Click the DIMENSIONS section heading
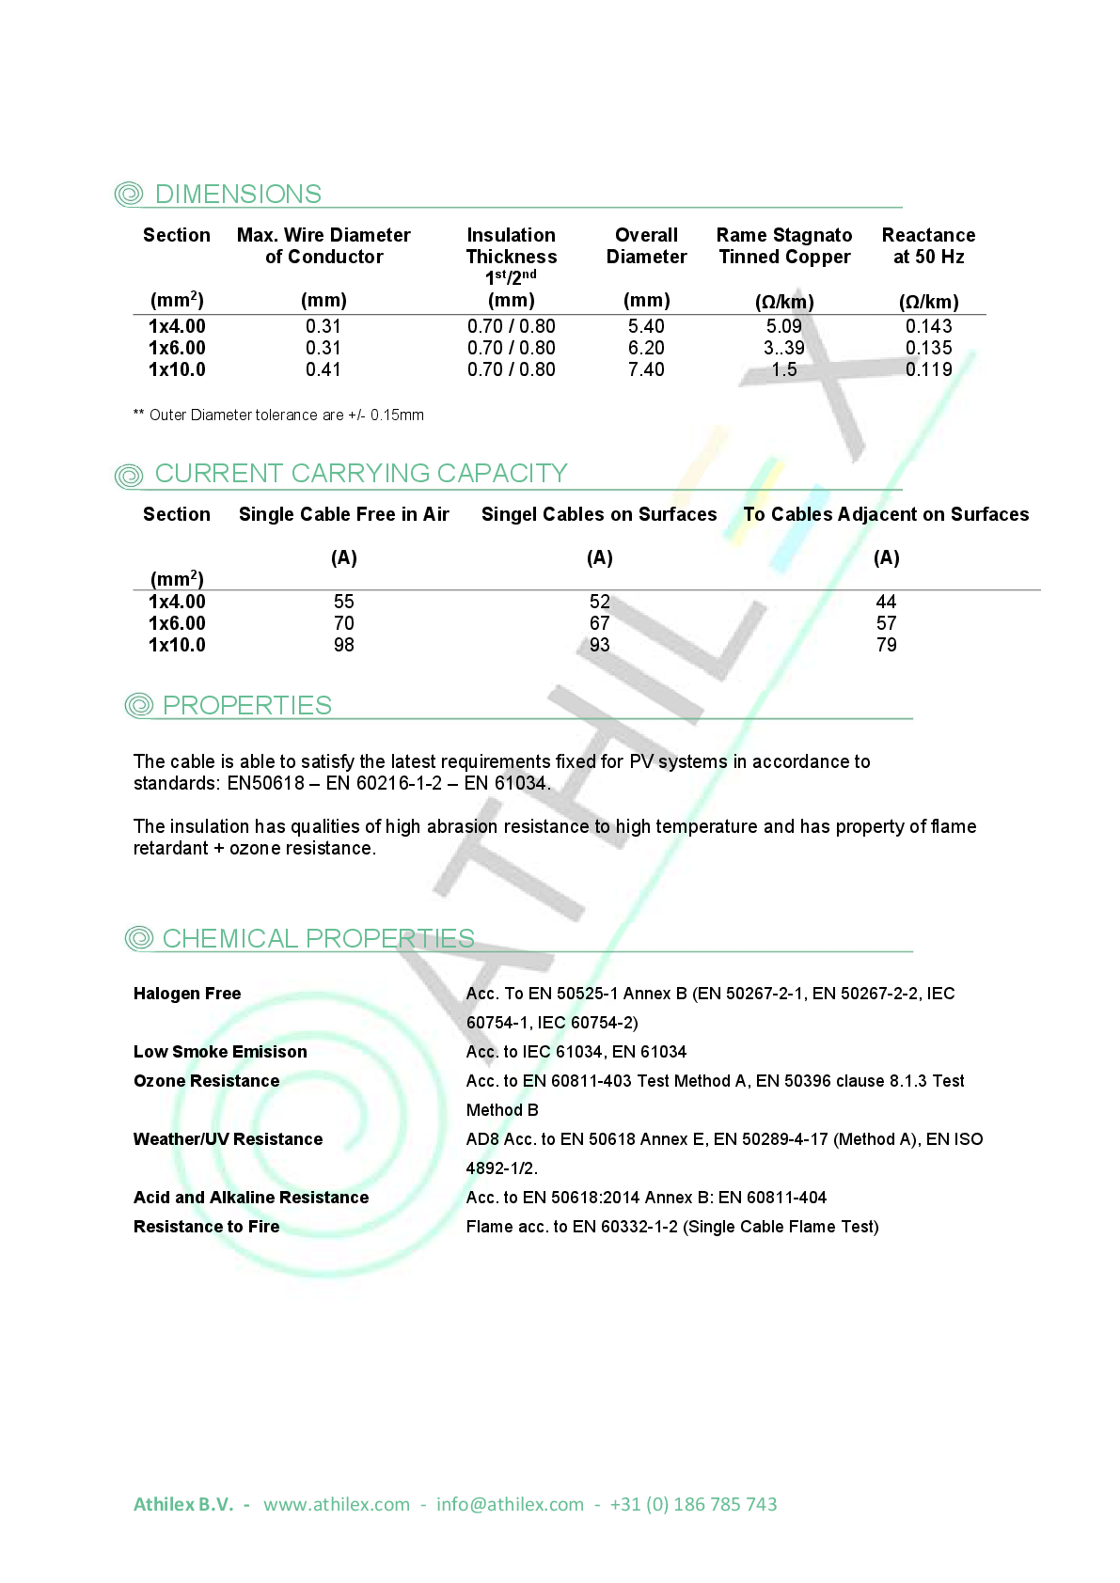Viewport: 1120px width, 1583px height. pos(238,195)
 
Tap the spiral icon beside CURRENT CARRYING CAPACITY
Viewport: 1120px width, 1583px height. pos(129,475)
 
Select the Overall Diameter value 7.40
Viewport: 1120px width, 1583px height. pos(646,369)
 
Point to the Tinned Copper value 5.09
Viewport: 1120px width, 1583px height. pos(783,326)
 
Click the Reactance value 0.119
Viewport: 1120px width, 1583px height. pos(928,369)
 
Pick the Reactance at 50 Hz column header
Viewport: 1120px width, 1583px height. pos(928,246)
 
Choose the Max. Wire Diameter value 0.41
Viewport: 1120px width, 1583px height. pos(323,369)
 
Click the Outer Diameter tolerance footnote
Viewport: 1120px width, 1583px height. pos(279,415)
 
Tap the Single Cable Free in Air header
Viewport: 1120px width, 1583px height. pos(343,514)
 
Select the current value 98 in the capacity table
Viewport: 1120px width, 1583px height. pos(343,645)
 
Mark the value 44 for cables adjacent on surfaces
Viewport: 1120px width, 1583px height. pos(886,602)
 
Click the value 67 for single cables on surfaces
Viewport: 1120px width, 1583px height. pos(599,623)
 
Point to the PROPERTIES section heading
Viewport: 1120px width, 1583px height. pos(246,706)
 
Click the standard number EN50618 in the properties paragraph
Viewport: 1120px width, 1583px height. pos(265,783)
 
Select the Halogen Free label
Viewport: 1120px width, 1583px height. pos(187,994)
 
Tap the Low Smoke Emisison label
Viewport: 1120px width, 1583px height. pos(220,1052)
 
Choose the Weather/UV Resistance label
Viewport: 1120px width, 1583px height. pos(228,1139)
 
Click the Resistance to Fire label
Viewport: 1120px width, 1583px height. pos(206,1227)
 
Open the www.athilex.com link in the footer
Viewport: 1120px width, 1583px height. pos(337,1504)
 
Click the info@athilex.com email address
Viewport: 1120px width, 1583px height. pos(510,1504)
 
